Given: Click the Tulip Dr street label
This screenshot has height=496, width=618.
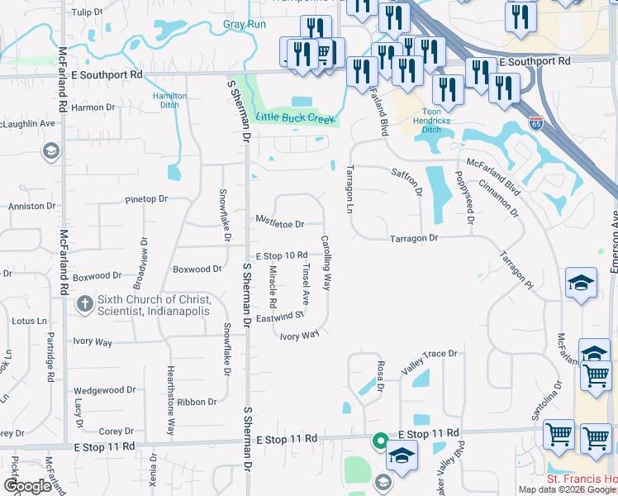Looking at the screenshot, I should (x=87, y=13).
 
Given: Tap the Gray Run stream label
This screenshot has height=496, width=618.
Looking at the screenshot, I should (x=244, y=25).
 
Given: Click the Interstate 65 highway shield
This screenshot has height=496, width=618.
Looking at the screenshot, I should (x=536, y=124).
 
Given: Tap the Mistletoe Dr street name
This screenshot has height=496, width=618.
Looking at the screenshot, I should (x=279, y=223).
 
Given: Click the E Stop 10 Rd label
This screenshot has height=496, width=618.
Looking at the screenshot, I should (x=282, y=255).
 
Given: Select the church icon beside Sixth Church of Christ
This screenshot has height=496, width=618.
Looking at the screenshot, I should (x=84, y=305).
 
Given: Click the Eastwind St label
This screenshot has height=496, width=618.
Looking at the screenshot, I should (x=280, y=317).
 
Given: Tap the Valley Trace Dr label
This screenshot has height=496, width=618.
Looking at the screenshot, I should (x=429, y=354).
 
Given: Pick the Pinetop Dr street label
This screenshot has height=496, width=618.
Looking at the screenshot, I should (x=145, y=199).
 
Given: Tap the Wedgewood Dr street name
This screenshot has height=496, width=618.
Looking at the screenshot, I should (x=104, y=390).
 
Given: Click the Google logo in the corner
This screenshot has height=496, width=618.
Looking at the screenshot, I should (x=28, y=485).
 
